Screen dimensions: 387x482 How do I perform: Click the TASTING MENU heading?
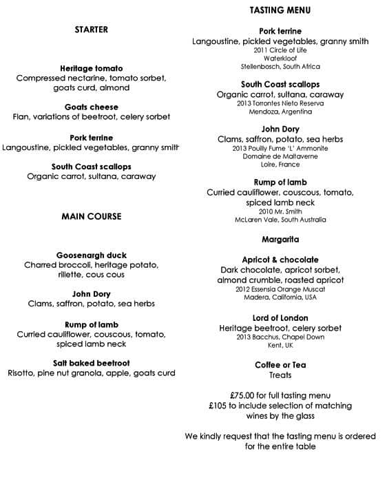coord(280,10)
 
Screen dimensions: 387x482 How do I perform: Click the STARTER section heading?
coord(92,30)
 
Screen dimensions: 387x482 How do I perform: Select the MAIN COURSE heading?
coord(91,216)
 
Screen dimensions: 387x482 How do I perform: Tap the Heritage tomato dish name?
coord(92,68)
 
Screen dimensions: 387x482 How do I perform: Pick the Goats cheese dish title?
coord(92,107)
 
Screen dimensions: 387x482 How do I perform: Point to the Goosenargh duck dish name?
coord(92,255)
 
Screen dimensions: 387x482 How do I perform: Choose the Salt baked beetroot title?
coord(92,362)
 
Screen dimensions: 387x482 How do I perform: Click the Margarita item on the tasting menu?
coord(280,240)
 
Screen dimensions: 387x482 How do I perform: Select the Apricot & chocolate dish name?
coord(280,260)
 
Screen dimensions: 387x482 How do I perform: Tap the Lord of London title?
coord(280,317)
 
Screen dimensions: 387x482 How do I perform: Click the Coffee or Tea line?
coord(280,365)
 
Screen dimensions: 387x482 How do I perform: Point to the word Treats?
coord(280,375)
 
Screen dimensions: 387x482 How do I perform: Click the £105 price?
coord(220,406)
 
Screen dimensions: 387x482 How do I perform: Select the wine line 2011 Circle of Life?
coord(280,50)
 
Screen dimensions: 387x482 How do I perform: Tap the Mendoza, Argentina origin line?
coord(280,112)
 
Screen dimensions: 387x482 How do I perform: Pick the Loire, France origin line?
coord(280,165)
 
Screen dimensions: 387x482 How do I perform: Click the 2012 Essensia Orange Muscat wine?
coord(280,290)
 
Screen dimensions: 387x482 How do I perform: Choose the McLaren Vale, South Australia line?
coord(280,220)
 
